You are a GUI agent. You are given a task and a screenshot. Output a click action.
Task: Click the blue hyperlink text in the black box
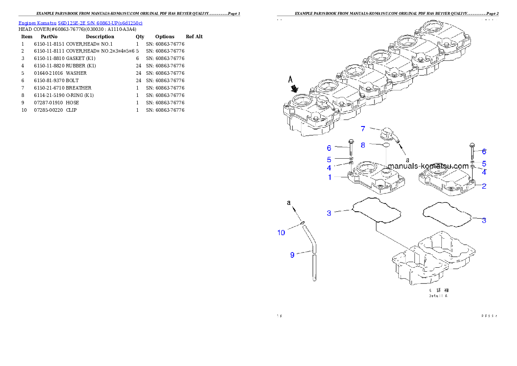click(80, 23)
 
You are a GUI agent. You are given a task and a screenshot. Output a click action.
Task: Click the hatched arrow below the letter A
click(295, 89)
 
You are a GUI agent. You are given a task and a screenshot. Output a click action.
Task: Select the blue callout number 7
click(363, 128)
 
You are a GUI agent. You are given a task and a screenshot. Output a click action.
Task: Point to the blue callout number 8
click(363, 145)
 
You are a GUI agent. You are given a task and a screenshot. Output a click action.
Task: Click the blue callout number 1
click(330, 177)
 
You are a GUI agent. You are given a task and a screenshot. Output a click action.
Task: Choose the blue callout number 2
click(484, 186)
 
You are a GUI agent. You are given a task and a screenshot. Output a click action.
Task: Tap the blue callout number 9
click(292, 255)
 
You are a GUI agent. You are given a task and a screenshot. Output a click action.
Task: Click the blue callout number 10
click(281, 233)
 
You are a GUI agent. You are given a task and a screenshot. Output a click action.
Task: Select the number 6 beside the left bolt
click(329, 148)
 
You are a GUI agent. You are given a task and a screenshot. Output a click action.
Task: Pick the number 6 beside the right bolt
click(484, 152)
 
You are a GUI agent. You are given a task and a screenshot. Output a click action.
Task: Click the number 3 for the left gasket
click(329, 213)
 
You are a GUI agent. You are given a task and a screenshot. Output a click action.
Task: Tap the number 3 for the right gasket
click(484, 220)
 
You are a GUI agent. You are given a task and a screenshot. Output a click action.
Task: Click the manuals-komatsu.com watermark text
click(428, 166)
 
